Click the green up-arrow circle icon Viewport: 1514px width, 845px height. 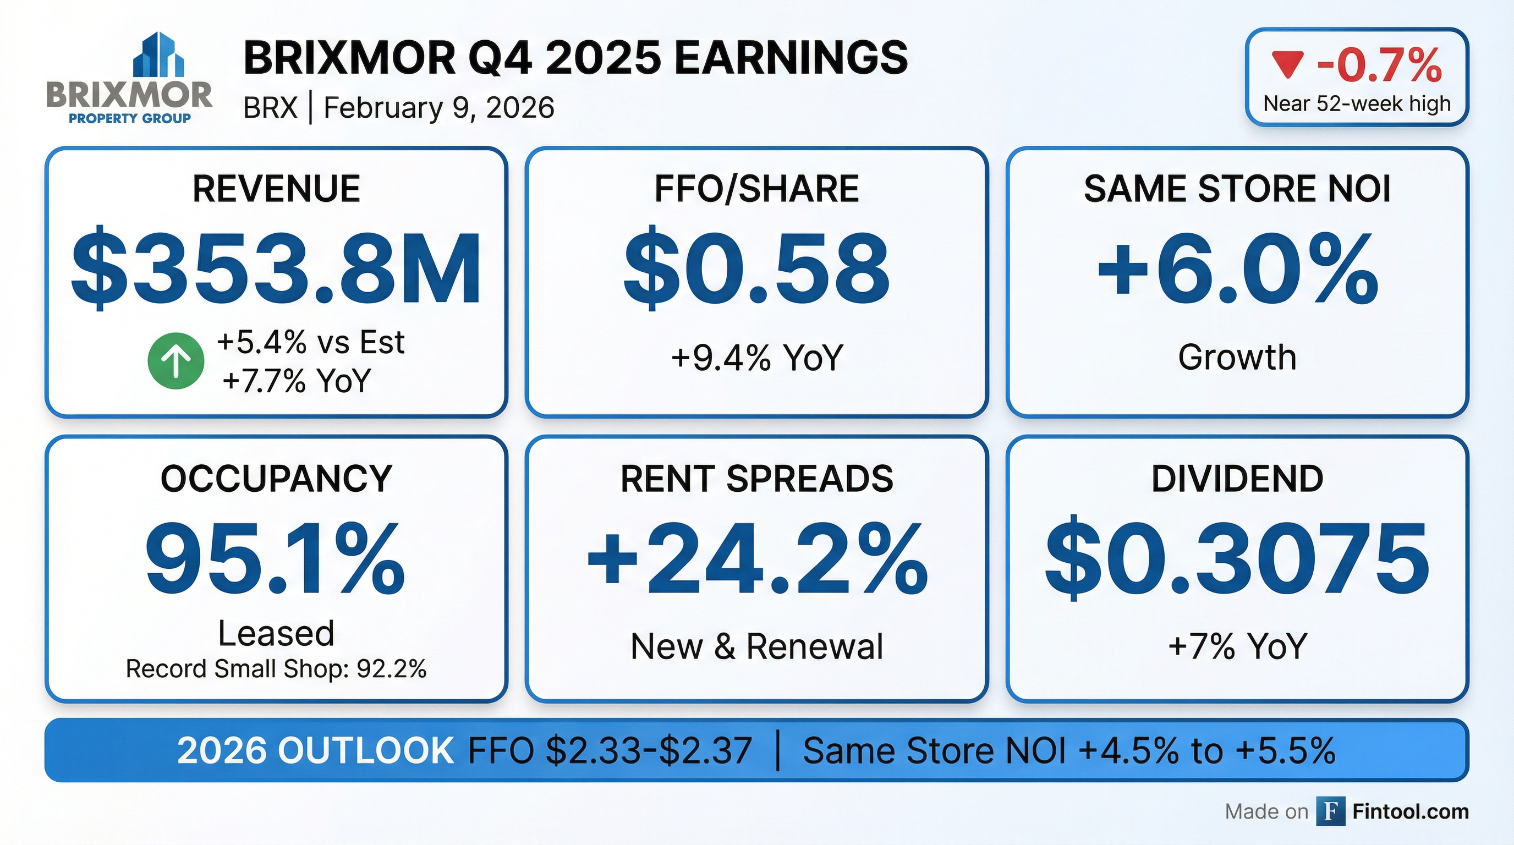tap(175, 361)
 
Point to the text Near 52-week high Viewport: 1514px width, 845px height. tap(1357, 104)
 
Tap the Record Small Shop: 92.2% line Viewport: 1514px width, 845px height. tap(276, 669)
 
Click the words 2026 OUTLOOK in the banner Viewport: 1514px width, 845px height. tap(316, 750)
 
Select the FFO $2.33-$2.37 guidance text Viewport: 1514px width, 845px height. tap(610, 750)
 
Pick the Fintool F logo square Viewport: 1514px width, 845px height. tap(1331, 811)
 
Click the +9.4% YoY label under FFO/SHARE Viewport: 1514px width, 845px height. tap(756, 357)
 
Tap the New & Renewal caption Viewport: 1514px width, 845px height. tap(756, 646)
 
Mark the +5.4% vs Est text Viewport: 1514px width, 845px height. tap(310, 342)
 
